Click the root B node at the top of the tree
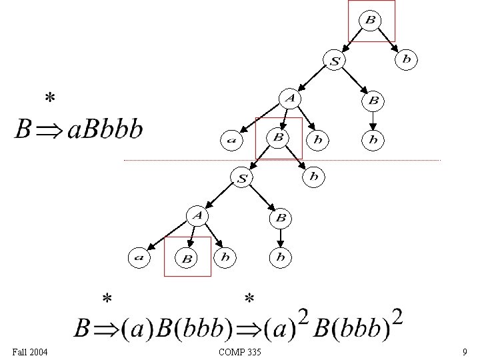[370, 20]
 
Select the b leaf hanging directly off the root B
[406, 60]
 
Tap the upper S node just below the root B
[335, 61]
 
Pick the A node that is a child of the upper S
[290, 99]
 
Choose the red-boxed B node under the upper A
[278, 138]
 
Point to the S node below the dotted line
[242, 178]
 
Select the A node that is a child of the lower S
[197, 215]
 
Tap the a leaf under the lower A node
[139, 257]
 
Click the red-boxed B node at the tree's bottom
[187, 258]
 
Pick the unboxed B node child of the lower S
[281, 217]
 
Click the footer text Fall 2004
[30, 351]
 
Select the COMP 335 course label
[239, 351]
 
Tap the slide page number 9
[464, 351]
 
